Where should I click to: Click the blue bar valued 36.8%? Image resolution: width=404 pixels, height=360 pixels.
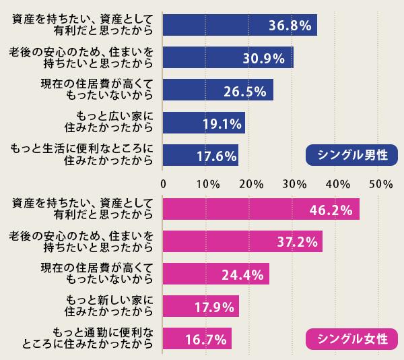click(239, 25)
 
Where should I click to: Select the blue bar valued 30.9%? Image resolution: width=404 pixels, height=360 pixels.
click(228, 57)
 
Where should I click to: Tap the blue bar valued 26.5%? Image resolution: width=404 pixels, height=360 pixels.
click(217, 90)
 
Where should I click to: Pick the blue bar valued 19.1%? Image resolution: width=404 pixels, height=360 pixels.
click(204, 123)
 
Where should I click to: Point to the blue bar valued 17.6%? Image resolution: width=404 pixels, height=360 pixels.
click(201, 156)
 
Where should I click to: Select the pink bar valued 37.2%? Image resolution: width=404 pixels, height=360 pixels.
click(242, 241)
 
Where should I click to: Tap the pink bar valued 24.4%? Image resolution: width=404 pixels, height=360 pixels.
click(215, 274)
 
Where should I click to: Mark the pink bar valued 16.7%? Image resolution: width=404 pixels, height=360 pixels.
click(197, 339)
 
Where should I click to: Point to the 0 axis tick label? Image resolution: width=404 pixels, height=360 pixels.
click(164, 183)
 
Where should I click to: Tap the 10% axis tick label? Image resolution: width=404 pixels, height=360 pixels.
click(207, 183)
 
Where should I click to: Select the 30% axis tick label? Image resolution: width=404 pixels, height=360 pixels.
click(293, 183)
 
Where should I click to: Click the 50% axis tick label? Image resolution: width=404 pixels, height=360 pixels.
click(380, 183)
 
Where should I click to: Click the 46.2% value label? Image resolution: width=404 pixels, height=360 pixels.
click(331, 210)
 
